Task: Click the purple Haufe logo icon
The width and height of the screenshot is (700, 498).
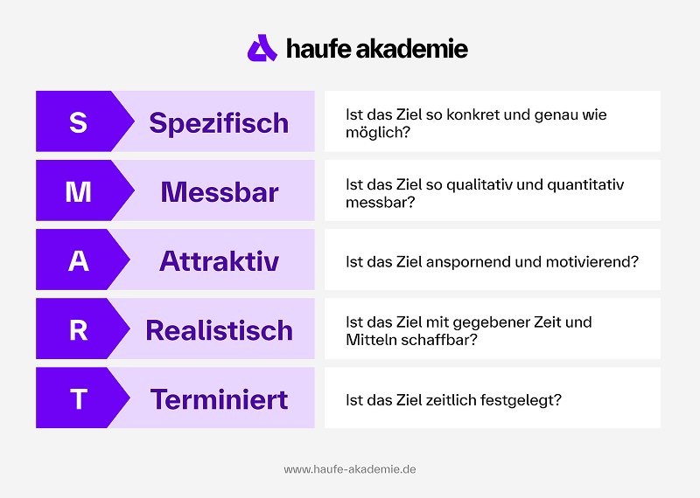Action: coord(262,48)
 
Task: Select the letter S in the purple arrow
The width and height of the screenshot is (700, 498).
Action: coord(78,122)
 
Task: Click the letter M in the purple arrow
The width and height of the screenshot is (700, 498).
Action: coord(78,191)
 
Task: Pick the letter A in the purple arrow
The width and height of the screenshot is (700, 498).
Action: coord(78,260)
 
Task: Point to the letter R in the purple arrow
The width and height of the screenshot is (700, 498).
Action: coord(78,329)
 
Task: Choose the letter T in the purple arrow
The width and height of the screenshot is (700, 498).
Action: coord(78,398)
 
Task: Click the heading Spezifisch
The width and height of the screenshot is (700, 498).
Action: coord(219,122)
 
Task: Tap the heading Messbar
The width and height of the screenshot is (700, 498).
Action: coord(219,191)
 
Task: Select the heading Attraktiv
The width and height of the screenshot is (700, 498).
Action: coord(219,260)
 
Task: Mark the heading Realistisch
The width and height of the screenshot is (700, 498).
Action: coord(219,329)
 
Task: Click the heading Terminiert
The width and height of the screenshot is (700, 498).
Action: coord(219,398)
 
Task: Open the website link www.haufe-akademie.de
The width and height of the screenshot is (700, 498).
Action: coord(350,469)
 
